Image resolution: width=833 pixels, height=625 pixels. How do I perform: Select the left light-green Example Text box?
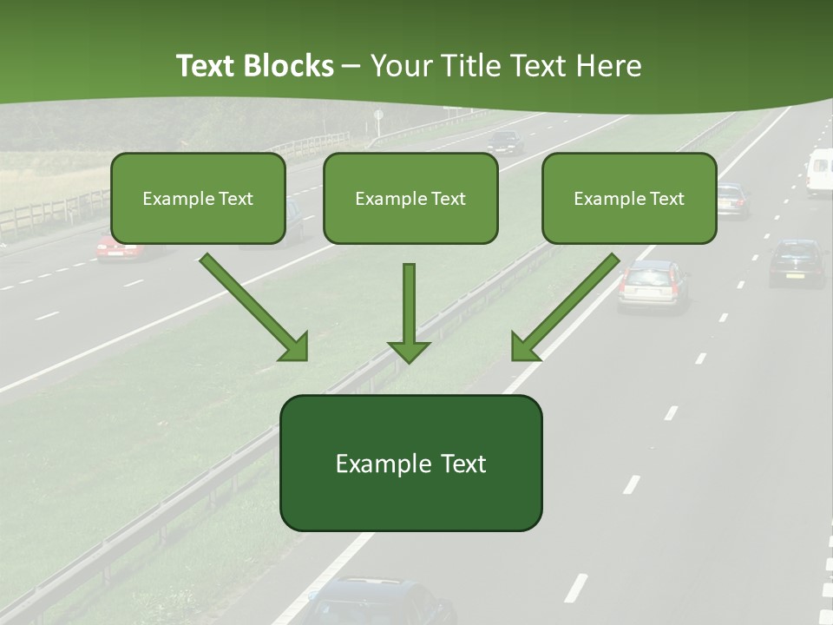click(x=198, y=198)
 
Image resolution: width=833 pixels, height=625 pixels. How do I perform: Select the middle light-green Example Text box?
click(x=410, y=198)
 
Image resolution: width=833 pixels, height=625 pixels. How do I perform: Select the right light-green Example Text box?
click(x=629, y=198)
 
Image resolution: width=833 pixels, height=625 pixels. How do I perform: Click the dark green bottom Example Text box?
click(x=410, y=463)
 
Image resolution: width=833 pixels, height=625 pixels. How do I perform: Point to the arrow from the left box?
click(x=254, y=307)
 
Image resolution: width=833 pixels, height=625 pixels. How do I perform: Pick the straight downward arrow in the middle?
click(x=409, y=312)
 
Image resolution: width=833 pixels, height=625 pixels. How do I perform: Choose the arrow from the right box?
click(x=565, y=307)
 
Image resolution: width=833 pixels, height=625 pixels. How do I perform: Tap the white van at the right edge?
click(x=819, y=172)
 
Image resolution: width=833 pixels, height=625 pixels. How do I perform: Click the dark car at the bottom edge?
click(x=382, y=603)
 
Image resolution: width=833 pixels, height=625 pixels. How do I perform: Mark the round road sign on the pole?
click(x=378, y=115)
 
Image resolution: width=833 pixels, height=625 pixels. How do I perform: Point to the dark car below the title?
click(x=504, y=141)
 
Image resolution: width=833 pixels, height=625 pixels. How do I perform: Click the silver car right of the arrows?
click(x=653, y=285)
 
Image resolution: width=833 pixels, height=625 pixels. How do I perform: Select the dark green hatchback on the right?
click(x=797, y=262)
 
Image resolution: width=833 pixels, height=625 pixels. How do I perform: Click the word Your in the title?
click(x=398, y=66)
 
